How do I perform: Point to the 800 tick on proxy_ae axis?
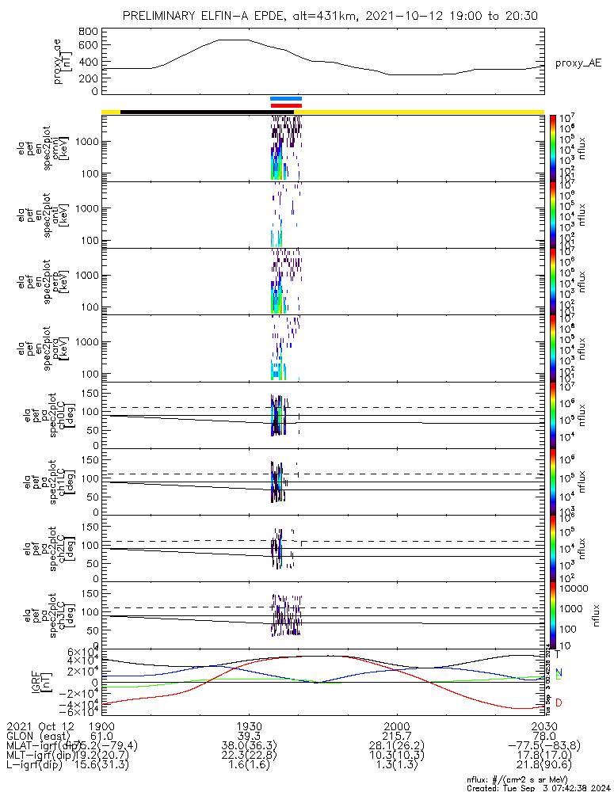88,32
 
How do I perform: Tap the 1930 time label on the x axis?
250,725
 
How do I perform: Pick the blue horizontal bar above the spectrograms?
286,99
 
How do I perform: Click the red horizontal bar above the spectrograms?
286,105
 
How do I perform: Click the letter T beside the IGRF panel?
557,654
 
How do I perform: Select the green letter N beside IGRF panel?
558,674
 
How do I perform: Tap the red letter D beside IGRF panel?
558,703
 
